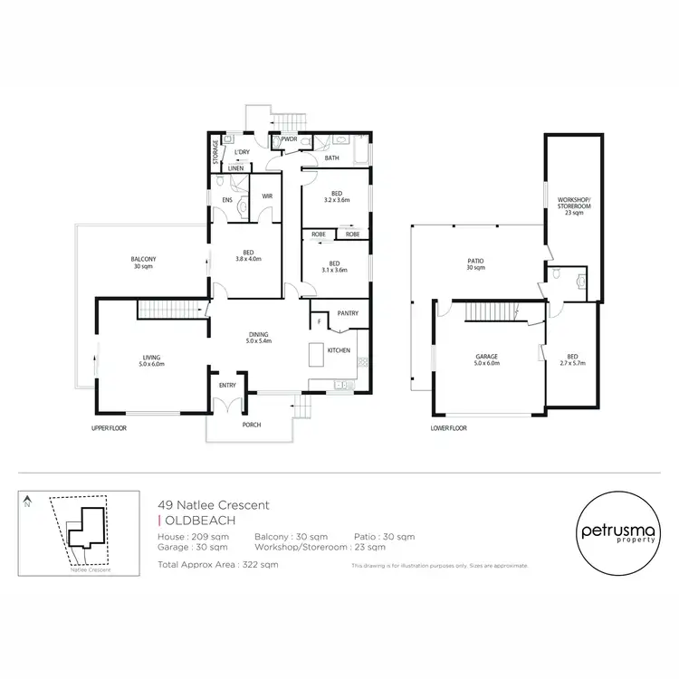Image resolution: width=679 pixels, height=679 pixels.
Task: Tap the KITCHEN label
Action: [x=339, y=350]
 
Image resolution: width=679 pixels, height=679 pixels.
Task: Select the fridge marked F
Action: [x=318, y=321]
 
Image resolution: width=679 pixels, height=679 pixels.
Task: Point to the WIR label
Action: [x=267, y=196]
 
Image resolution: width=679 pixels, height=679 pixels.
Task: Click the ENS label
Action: [x=226, y=199]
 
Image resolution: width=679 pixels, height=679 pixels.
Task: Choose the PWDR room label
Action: [x=290, y=139]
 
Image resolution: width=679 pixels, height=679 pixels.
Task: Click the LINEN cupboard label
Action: [x=235, y=168]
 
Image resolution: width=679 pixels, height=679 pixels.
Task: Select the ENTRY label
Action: [x=226, y=387]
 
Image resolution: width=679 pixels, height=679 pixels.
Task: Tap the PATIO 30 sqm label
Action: [x=475, y=264]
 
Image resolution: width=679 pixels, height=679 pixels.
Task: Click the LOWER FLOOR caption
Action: [x=448, y=427]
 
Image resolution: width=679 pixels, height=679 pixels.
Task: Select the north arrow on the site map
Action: [x=28, y=501]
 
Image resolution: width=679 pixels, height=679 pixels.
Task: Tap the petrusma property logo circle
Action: [x=614, y=532]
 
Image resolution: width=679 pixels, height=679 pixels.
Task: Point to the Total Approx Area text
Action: [x=217, y=564]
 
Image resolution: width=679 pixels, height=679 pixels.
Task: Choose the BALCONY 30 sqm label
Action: [x=143, y=263]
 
